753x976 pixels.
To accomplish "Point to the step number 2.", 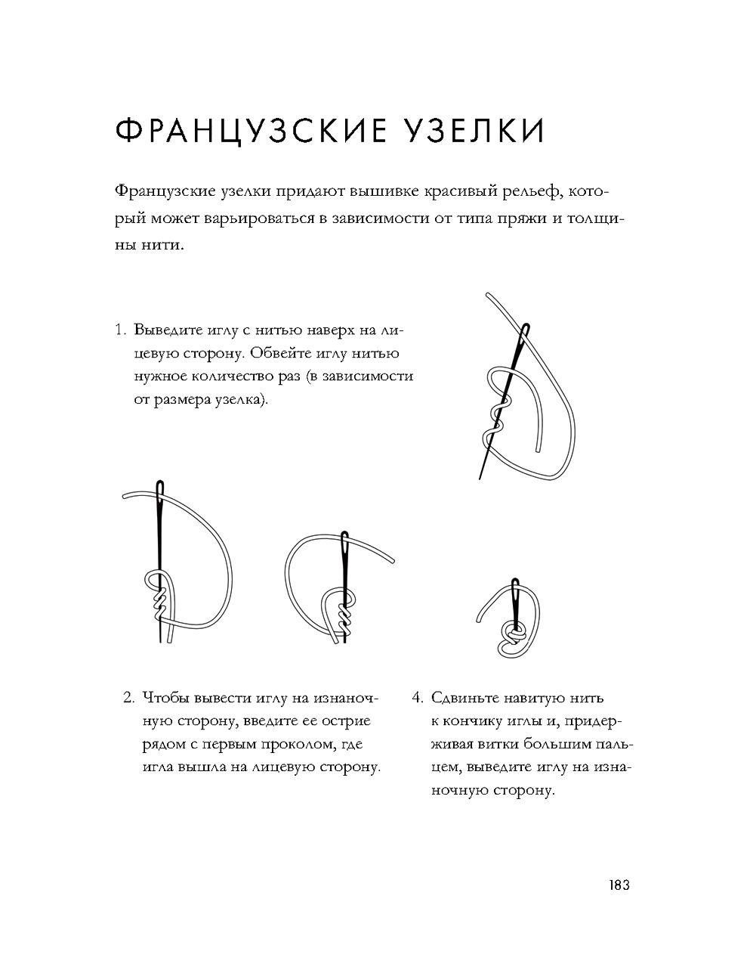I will (x=128, y=698).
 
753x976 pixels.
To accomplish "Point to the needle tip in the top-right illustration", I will (x=480, y=477).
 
